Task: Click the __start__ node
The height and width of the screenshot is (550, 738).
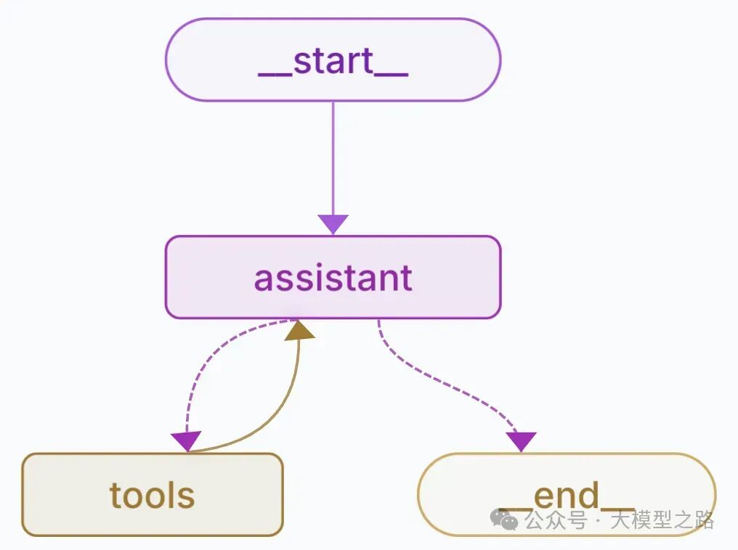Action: (x=333, y=59)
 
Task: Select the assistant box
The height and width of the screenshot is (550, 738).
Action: (x=333, y=277)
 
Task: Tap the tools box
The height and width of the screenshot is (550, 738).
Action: (x=153, y=495)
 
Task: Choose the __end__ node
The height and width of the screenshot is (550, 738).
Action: (x=567, y=495)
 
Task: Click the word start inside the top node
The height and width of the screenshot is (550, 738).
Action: (x=333, y=61)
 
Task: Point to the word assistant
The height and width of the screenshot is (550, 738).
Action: (x=333, y=278)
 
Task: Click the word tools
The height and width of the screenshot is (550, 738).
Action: (x=152, y=496)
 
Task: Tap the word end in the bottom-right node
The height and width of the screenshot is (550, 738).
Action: (x=567, y=496)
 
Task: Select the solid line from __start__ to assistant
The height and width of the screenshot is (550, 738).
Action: (x=333, y=159)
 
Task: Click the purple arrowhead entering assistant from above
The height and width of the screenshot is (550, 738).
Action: (x=333, y=224)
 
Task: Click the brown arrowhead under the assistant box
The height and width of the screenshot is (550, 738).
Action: (x=299, y=329)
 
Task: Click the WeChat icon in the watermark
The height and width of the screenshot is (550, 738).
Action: (x=504, y=519)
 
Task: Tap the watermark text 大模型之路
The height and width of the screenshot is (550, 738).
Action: (x=662, y=520)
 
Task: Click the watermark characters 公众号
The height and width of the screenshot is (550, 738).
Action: (x=556, y=520)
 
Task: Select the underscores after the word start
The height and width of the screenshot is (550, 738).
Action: (x=392, y=74)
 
